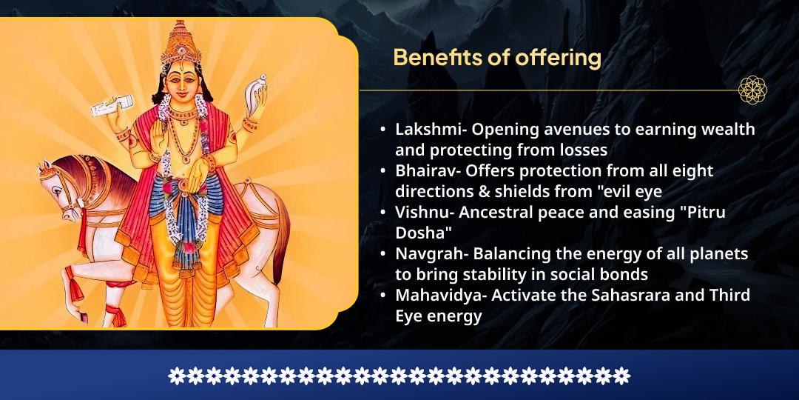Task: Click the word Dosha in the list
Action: [x=417, y=232]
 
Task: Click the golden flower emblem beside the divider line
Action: [x=752, y=90]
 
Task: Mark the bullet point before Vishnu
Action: [x=383, y=212]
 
